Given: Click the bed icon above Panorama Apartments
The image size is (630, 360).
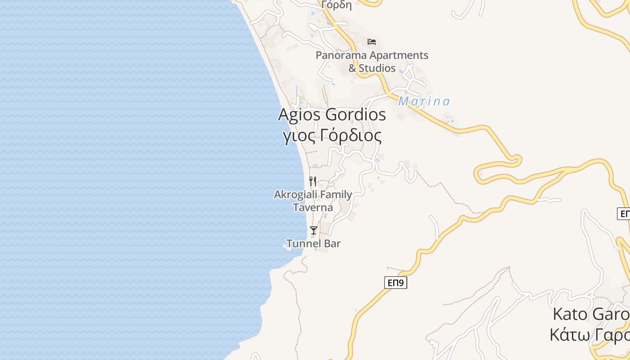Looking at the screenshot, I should click(x=372, y=42).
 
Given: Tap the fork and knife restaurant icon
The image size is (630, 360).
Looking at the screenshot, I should click(x=313, y=181).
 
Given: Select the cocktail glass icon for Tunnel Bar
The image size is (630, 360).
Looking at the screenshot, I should click(x=314, y=230).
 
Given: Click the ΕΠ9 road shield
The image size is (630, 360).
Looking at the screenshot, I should click(x=396, y=283).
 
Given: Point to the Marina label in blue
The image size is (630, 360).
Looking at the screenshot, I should click(x=424, y=102).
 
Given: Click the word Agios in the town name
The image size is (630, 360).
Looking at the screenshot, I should click(x=300, y=114).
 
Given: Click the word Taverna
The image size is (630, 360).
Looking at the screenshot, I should click(x=313, y=207).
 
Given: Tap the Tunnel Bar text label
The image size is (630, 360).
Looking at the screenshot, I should click(x=314, y=243).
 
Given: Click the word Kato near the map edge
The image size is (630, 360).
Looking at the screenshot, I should click(x=570, y=314).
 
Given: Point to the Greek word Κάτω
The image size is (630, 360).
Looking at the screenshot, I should click(x=568, y=335).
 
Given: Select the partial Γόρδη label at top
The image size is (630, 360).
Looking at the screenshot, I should click(x=337, y=5).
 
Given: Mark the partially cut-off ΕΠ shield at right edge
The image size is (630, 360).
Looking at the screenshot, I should click(x=624, y=213).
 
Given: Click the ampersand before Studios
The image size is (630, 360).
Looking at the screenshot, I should click(x=352, y=68).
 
